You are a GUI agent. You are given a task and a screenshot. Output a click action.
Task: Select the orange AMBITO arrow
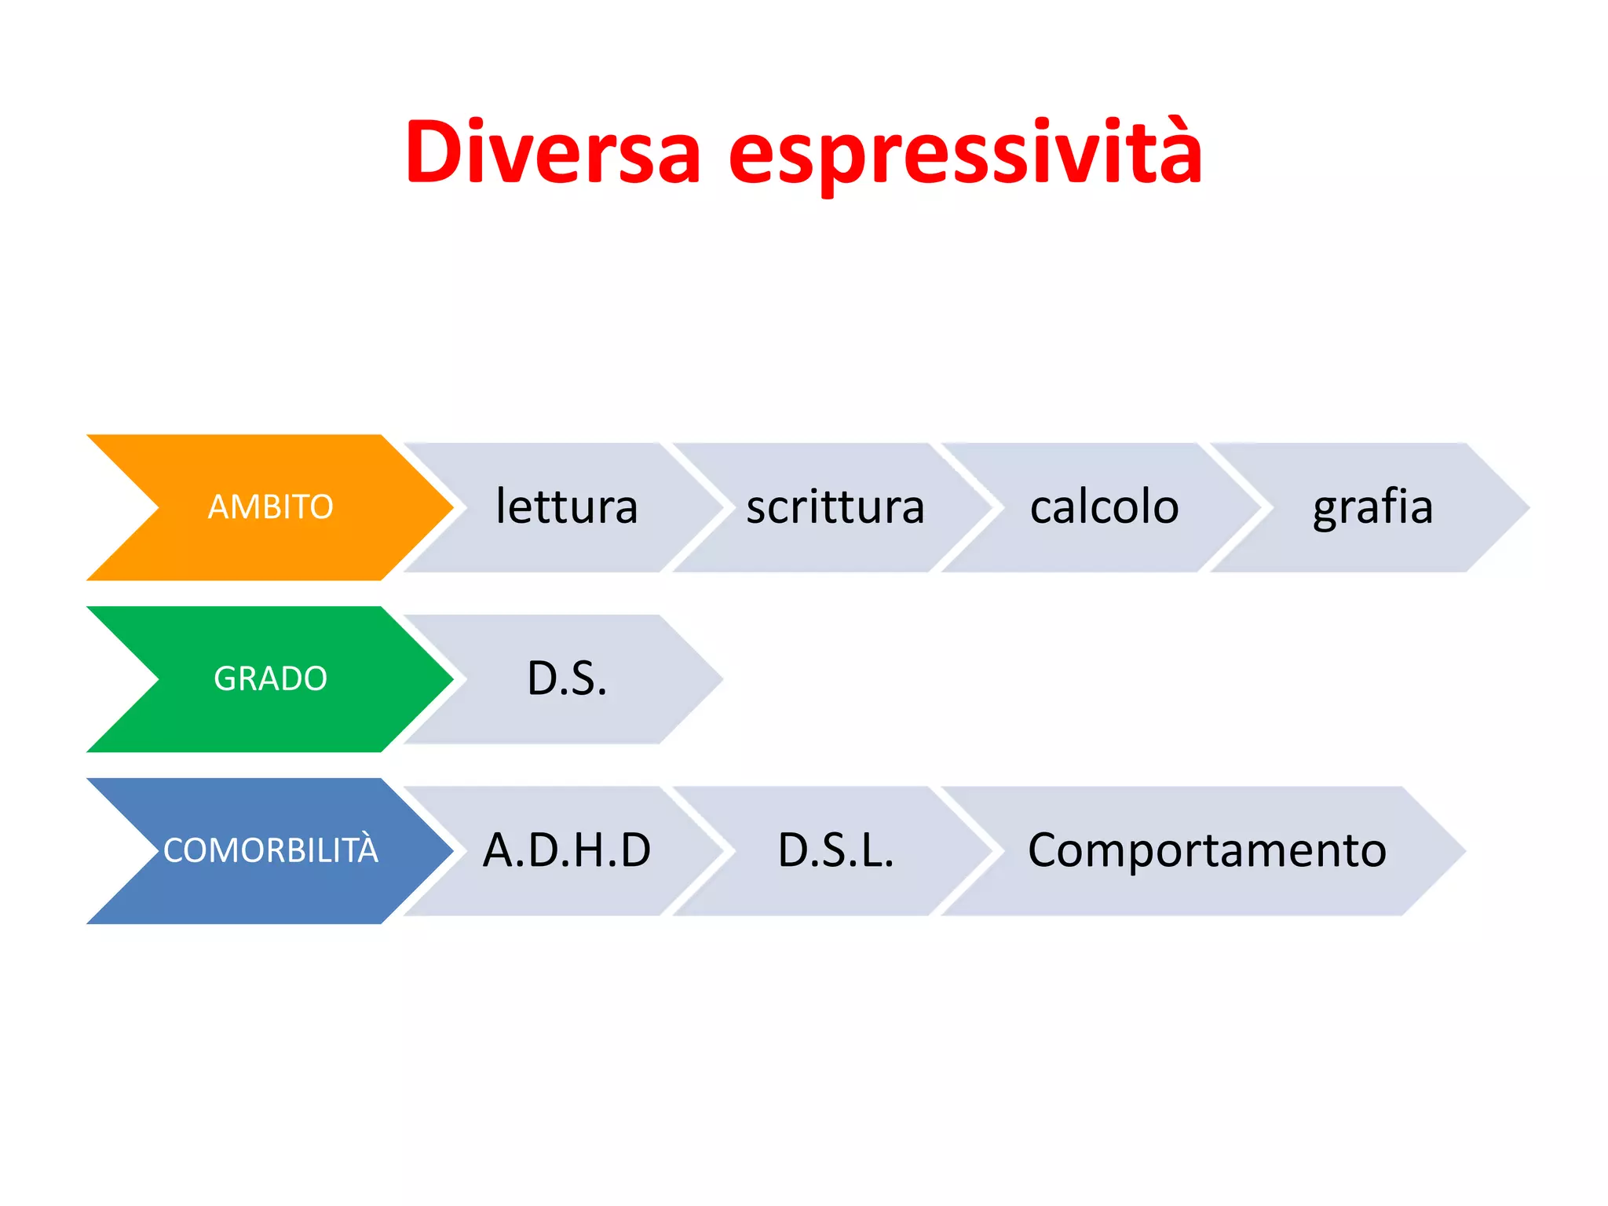click(x=270, y=507)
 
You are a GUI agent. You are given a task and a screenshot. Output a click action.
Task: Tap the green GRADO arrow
click(x=270, y=679)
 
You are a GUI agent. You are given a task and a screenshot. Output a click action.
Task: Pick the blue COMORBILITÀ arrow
click(x=270, y=850)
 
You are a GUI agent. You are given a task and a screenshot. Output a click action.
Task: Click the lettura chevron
click(x=567, y=507)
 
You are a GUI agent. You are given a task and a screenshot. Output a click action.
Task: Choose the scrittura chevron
click(x=835, y=507)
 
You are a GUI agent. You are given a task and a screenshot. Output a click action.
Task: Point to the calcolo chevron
click(x=1104, y=507)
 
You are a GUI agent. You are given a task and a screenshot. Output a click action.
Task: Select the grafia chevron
click(x=1372, y=507)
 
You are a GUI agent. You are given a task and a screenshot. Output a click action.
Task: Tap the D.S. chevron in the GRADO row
click(x=567, y=679)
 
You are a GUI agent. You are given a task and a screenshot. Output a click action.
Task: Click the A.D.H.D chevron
click(x=567, y=850)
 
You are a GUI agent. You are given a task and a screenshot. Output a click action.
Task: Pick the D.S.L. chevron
click(x=835, y=850)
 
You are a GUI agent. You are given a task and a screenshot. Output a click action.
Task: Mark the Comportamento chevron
click(x=1207, y=850)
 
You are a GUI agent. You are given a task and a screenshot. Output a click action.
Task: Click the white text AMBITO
click(x=270, y=507)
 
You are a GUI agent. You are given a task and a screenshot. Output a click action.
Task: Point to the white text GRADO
click(x=270, y=679)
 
